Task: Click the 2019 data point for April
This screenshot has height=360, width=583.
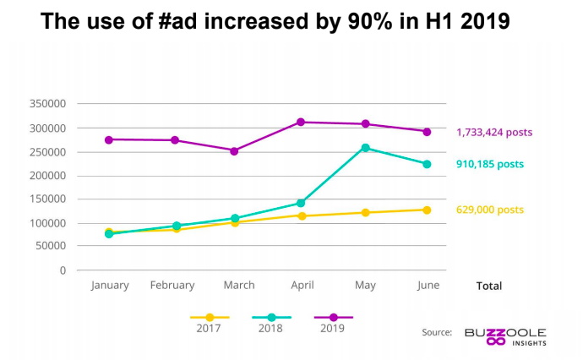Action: [x=302, y=123]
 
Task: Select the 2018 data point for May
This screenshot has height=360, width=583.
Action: [x=365, y=148]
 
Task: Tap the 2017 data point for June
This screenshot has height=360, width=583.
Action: [x=427, y=210]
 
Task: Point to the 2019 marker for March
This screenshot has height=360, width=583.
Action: [x=234, y=151]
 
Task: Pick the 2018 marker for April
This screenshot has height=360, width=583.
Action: [x=302, y=203]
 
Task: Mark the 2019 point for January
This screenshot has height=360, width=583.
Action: [x=109, y=139]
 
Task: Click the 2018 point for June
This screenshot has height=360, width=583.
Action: [x=427, y=164]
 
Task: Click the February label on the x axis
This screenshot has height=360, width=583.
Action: [x=172, y=286]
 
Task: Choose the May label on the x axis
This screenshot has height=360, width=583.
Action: [x=365, y=286]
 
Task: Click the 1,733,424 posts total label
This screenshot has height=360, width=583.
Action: [x=494, y=133]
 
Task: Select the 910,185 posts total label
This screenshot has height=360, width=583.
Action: [x=490, y=164]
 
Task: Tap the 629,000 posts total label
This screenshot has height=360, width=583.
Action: [x=490, y=210]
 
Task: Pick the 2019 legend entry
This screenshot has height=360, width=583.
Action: [x=333, y=322]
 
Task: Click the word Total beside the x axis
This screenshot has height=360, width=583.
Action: [x=488, y=286]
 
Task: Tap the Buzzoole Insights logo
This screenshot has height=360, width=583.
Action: [x=505, y=335]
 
